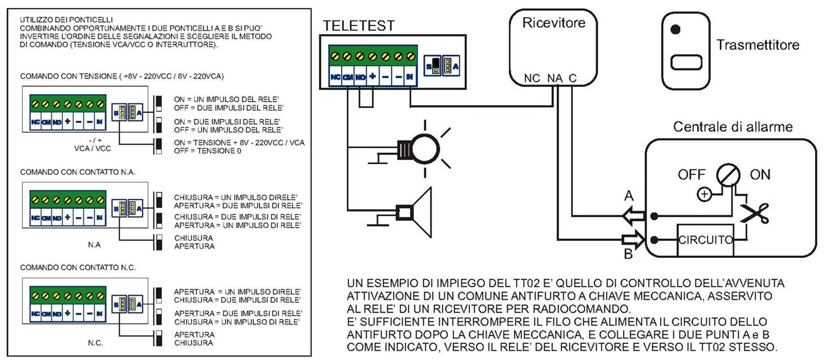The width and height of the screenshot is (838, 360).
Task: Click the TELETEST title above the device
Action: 359,26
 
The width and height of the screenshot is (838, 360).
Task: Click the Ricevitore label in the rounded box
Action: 554,23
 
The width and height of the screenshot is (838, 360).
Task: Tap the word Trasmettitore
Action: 757,45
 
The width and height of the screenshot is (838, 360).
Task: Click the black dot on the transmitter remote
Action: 675,30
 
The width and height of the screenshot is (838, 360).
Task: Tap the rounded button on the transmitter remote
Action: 686,62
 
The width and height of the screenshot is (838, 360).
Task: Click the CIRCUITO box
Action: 705,240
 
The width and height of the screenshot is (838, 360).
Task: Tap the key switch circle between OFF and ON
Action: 728,175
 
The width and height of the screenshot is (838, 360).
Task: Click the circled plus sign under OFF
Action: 704,194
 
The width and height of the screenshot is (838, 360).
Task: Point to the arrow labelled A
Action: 633,216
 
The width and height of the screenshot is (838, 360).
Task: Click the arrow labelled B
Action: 633,239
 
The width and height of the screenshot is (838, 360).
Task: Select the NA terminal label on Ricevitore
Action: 555,78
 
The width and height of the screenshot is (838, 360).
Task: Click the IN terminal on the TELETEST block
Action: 410,77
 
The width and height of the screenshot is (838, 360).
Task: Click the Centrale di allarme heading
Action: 732,127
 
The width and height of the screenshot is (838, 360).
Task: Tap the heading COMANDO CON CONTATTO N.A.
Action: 77,172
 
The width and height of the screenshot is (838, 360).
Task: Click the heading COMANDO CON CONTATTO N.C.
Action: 77,267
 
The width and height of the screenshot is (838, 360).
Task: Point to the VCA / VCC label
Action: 93,148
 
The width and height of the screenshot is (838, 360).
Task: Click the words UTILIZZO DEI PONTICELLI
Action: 66,19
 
